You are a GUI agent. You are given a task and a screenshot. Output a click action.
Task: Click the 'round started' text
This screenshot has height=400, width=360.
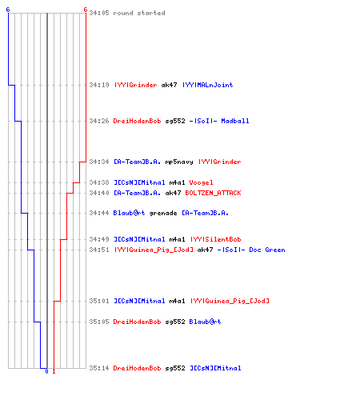point(139,13)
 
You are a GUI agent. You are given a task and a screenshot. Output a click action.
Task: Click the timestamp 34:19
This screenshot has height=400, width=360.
point(99,85)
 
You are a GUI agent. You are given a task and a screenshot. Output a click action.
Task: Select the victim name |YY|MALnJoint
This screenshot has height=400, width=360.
point(207,85)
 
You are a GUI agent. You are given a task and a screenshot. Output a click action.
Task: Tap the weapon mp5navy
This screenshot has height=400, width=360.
point(179,162)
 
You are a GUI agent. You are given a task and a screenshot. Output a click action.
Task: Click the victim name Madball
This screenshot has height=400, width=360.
point(235,121)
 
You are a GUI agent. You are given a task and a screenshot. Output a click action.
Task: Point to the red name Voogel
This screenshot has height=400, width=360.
point(201,182)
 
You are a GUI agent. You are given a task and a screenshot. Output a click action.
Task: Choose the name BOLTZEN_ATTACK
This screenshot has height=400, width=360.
point(213,193)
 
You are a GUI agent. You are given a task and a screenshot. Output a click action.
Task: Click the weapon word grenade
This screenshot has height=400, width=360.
point(163,214)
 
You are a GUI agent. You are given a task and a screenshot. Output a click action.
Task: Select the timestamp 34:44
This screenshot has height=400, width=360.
point(99,213)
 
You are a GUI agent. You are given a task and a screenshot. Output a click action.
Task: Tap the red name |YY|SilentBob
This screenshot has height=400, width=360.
point(215,239)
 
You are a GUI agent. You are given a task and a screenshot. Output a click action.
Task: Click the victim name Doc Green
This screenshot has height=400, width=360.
point(267,250)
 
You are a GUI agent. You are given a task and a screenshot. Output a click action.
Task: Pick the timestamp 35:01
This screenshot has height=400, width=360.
point(99,301)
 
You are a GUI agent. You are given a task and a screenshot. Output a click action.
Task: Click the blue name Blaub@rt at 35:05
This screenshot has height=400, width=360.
point(205,322)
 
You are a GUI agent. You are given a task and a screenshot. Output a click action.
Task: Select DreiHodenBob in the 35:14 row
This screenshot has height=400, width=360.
point(137,368)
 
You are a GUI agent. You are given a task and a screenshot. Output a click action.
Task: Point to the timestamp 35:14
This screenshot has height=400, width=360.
point(99,368)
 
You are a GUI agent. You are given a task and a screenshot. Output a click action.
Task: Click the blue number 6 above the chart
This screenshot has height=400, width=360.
point(8,10)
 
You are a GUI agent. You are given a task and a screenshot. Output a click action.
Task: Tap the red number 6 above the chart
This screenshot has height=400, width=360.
point(86,10)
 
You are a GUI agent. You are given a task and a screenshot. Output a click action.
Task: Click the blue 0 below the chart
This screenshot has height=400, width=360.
point(46,371)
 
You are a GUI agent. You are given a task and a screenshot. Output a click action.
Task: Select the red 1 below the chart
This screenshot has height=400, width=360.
point(54,371)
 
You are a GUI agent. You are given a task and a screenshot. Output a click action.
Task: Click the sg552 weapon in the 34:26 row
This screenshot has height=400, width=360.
point(175,121)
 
